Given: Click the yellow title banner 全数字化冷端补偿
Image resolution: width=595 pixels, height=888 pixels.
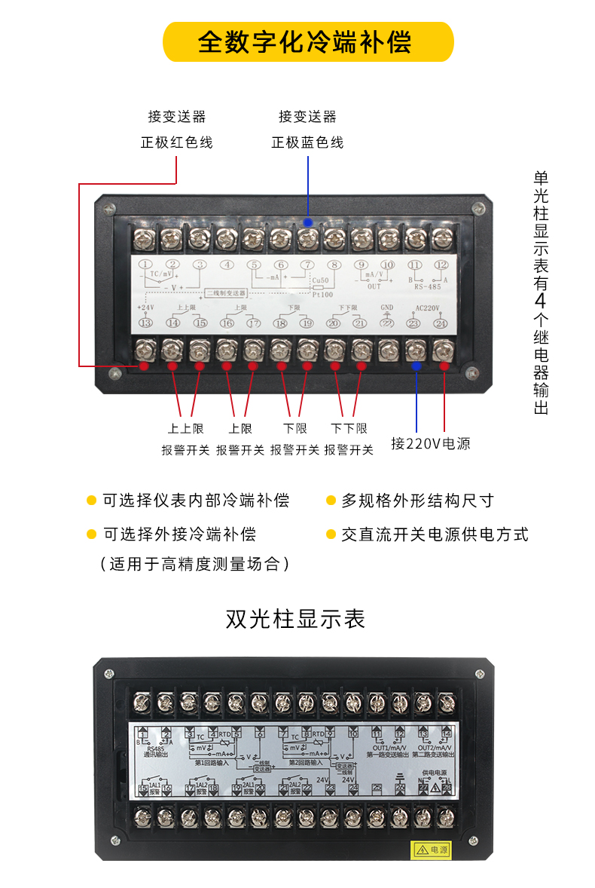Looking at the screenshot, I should (x=305, y=41).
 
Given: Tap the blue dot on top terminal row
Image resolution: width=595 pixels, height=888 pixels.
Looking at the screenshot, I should (x=307, y=222).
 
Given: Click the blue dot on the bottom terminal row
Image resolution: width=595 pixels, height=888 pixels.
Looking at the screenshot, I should (x=416, y=366).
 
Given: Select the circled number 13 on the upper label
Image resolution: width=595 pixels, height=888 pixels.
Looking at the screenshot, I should (x=145, y=323).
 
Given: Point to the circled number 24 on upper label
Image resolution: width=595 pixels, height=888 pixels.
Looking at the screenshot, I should (x=441, y=323).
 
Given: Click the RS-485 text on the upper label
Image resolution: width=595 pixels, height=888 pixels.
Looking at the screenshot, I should (x=428, y=286).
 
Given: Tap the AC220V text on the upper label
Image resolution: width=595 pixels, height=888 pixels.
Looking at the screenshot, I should (x=428, y=308).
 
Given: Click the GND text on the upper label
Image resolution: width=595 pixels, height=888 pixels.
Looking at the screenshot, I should (x=387, y=308).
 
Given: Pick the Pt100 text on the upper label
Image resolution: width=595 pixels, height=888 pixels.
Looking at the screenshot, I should (x=322, y=295).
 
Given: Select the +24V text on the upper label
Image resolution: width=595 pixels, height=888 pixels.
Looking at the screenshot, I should (x=145, y=308).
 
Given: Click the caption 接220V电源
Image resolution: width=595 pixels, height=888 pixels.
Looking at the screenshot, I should (x=430, y=444).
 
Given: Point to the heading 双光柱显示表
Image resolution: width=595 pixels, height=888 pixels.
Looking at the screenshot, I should (x=295, y=619).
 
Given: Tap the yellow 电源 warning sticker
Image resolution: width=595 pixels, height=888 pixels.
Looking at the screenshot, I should (x=430, y=850).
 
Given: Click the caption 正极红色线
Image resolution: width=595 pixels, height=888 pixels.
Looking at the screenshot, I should (x=176, y=142).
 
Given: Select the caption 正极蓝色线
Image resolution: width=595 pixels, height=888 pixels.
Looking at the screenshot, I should (x=307, y=142).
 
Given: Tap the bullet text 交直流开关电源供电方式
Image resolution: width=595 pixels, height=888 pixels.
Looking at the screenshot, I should (x=435, y=534).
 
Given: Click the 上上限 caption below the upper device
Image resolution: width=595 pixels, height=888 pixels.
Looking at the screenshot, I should (x=185, y=428).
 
